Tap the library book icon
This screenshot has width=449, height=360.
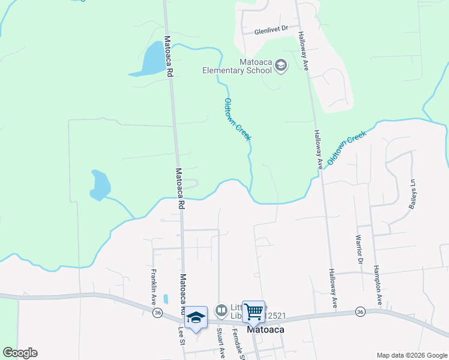(x=221, y=310)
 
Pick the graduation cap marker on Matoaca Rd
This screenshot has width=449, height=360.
(x=196, y=317)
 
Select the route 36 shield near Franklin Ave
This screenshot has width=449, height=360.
(x=157, y=313)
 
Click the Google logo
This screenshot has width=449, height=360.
(x=20, y=353)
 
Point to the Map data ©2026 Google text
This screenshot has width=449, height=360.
(x=411, y=355)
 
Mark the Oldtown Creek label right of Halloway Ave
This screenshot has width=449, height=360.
(x=346, y=148)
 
